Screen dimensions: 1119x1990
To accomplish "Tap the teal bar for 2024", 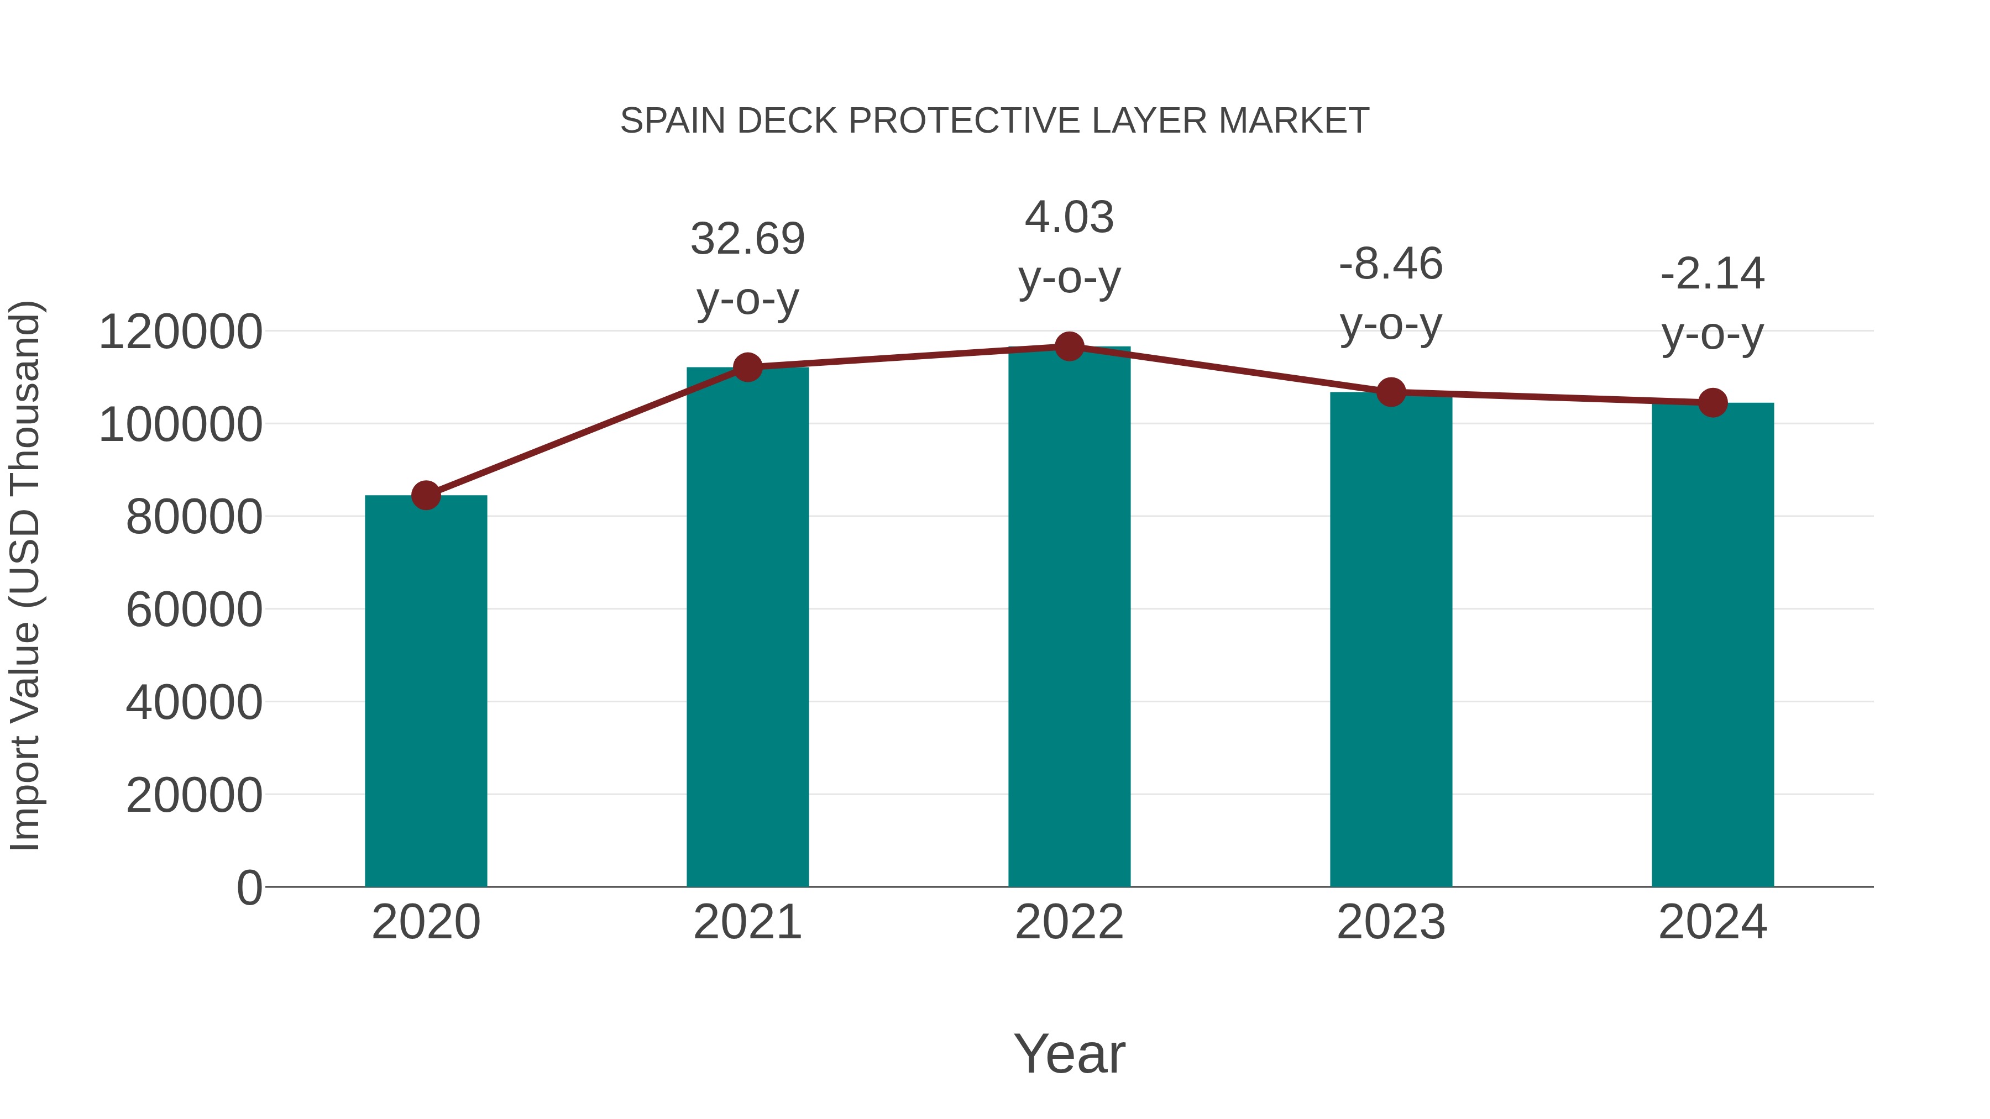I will (1713, 644).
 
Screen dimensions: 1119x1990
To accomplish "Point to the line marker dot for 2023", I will (1391, 392).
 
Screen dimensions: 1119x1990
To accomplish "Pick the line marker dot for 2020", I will (426, 495).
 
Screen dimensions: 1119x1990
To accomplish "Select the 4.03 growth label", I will (1069, 217).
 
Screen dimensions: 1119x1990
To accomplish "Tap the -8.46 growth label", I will (1391, 264).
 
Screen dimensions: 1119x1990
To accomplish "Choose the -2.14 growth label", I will (1713, 274).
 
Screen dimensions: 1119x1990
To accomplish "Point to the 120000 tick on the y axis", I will (180, 332).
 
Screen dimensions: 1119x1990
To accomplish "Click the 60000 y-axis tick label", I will (194, 610).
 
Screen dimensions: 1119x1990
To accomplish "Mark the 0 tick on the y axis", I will (249, 887).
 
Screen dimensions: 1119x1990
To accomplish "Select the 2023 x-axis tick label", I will (1391, 922).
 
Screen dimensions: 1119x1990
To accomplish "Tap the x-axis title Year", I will (1069, 1053).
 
